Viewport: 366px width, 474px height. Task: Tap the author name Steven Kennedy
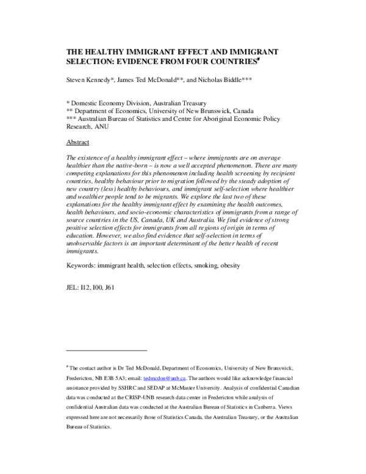[x=90, y=79]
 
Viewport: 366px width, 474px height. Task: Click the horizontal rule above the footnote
[x=106, y=351]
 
